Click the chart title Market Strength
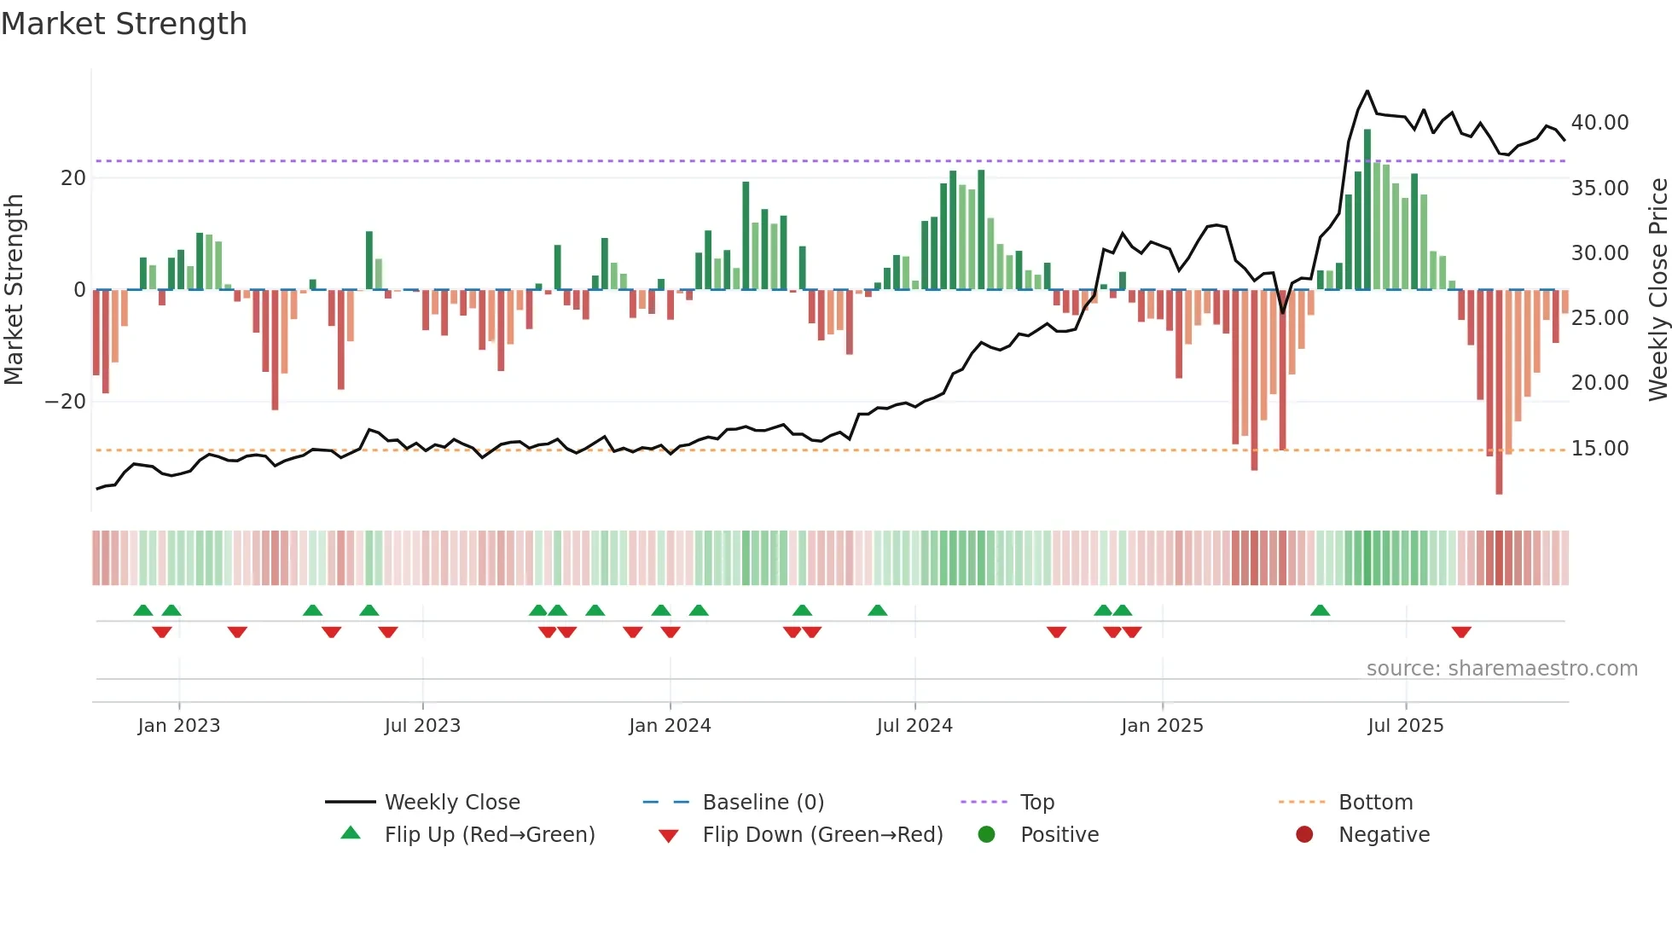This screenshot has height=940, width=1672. [124, 24]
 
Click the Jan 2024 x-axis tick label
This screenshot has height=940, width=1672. [670, 726]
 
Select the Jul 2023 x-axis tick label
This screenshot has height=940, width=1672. [422, 726]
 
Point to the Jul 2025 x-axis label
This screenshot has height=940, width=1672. [1405, 726]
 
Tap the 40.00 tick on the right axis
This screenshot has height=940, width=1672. [1599, 123]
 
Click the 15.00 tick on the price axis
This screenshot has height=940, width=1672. [1599, 449]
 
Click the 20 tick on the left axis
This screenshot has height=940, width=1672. [73, 178]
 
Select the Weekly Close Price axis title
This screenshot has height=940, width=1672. [1657, 289]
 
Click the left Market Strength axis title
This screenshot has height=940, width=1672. [14, 289]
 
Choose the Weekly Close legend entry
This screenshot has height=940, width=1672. [451, 803]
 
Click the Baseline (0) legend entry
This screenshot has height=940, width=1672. [763, 803]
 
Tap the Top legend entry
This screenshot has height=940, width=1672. [1036, 803]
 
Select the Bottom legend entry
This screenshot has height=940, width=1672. [1375, 803]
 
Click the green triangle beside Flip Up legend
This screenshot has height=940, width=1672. [351, 833]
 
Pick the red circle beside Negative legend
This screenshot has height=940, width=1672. [1304, 834]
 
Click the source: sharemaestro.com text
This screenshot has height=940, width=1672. [1501, 669]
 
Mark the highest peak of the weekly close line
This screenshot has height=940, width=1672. [1367, 91]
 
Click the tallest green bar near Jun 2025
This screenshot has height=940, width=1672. [1367, 209]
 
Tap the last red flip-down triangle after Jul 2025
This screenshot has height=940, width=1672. [1461, 632]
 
